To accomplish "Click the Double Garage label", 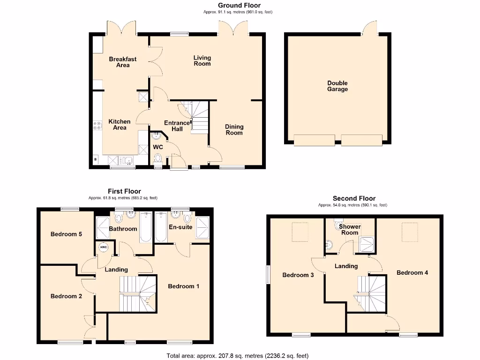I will (x=337, y=86).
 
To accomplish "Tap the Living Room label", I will (x=202, y=60).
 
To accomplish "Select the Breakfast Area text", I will (x=123, y=62).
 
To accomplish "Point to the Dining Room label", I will (x=234, y=129).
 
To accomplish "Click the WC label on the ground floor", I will (x=158, y=147).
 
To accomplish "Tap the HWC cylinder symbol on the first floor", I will (x=104, y=247).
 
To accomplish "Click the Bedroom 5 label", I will (x=67, y=234).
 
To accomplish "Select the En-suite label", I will (x=180, y=227).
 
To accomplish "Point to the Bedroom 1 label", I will (x=184, y=286).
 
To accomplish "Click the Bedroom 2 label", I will (x=67, y=296).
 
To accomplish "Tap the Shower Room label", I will (x=350, y=230).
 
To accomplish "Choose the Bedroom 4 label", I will (x=412, y=272).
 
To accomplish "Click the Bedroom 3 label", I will (x=298, y=275).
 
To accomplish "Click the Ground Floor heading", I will (x=239, y=6).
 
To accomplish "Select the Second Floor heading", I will (x=354, y=198).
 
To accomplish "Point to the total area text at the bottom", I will (x=238, y=356).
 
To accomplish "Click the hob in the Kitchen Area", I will (x=98, y=125).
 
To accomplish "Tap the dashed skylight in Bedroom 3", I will (x=300, y=232).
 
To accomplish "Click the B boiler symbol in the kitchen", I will (x=96, y=160).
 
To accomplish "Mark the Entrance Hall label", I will (x=177, y=126).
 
